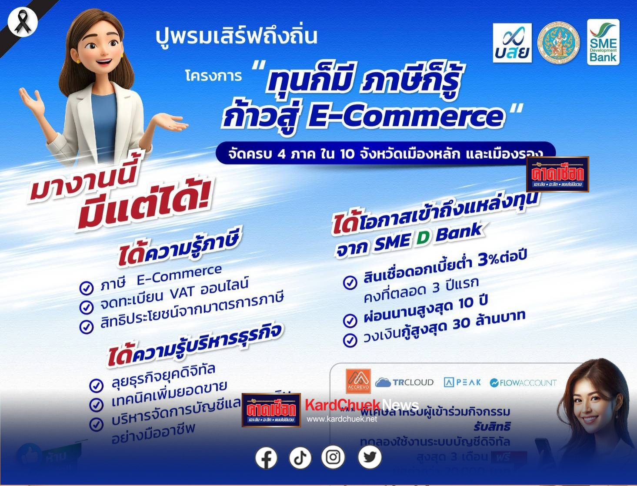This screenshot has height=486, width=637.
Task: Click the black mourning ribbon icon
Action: pyautogui.click(x=22, y=22)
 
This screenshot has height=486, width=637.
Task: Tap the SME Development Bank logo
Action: pyautogui.click(x=603, y=42)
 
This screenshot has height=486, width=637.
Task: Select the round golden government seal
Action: pyautogui.click(x=559, y=43)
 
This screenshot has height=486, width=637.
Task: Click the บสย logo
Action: pyautogui.click(x=512, y=43)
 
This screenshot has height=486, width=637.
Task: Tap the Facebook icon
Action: pyautogui.click(x=266, y=458)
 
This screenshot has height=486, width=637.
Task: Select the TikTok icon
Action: pyautogui.click(x=300, y=458)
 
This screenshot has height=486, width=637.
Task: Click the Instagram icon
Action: pyautogui.click(x=333, y=457)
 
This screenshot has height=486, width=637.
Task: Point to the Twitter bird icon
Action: pyautogui.click(x=370, y=457)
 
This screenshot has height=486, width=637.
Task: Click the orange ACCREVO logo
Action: pyautogui.click(x=358, y=381)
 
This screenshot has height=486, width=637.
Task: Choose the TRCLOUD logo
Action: pyautogui.click(x=404, y=382)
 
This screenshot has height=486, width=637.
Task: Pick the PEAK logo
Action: pyautogui.click(x=462, y=382)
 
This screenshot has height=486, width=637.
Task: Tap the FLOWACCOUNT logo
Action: pyautogui.click(x=523, y=383)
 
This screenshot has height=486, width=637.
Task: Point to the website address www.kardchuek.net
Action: pyautogui.click(x=342, y=419)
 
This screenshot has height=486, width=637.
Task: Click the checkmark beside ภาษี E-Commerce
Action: pyautogui.click(x=87, y=288)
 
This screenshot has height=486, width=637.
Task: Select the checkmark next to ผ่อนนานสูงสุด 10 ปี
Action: pyautogui.click(x=350, y=320)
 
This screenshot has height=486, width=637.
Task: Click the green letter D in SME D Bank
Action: pyautogui.click(x=423, y=238)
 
